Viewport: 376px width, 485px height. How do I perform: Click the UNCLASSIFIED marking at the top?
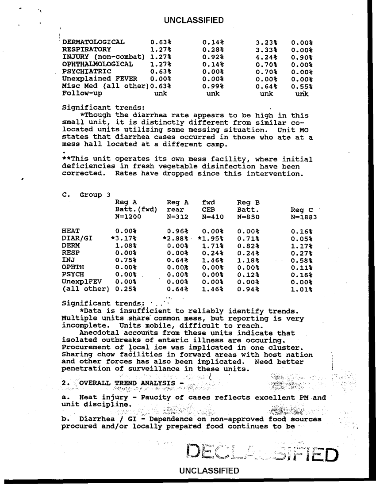pyautogui.click(x=194, y=20)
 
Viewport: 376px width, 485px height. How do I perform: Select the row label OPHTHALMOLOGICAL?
pyautogui.click(x=97, y=64)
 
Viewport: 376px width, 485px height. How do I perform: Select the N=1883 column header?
pyautogui.click(x=304, y=218)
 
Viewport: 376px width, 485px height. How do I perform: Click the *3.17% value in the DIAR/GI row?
pyautogui.click(x=123, y=238)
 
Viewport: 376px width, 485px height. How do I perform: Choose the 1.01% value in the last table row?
pyautogui.click(x=302, y=290)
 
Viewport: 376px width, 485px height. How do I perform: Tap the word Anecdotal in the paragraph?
pyautogui.click(x=98, y=333)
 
